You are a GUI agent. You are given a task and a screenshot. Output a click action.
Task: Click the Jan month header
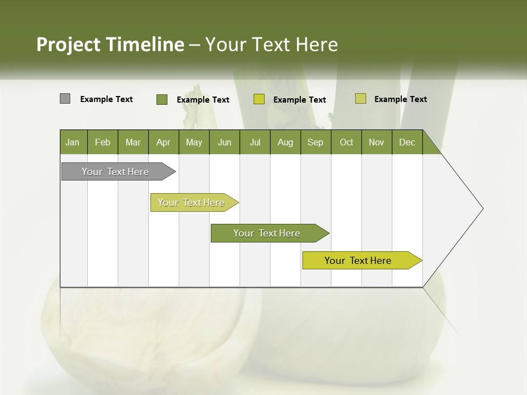pos(72,142)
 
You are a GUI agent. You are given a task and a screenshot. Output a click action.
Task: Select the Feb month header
pos(103,142)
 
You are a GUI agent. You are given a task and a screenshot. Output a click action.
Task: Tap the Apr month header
pos(163,142)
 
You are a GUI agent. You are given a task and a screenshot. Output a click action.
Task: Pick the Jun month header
pos(225,142)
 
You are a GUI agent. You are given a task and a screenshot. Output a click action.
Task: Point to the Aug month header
pos(285,142)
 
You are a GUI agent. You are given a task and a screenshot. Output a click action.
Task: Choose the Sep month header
pos(315,142)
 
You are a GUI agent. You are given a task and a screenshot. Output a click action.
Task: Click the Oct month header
pos(346,142)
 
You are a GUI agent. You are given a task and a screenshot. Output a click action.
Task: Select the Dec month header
pos(407,142)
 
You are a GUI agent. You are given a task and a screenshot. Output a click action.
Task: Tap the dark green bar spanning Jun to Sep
pos(267,233)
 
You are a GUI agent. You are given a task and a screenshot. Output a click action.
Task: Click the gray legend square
pos(65,99)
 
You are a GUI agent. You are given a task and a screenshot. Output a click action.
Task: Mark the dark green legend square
pos(161,99)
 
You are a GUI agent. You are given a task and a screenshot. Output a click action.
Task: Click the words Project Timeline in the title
pos(110,44)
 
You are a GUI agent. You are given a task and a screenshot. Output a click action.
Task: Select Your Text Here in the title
pos(271,44)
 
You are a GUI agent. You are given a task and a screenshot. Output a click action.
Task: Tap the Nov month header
pos(376,142)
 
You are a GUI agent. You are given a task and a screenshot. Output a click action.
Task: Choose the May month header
pos(194,142)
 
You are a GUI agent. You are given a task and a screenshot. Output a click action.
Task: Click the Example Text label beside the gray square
pos(106,99)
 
